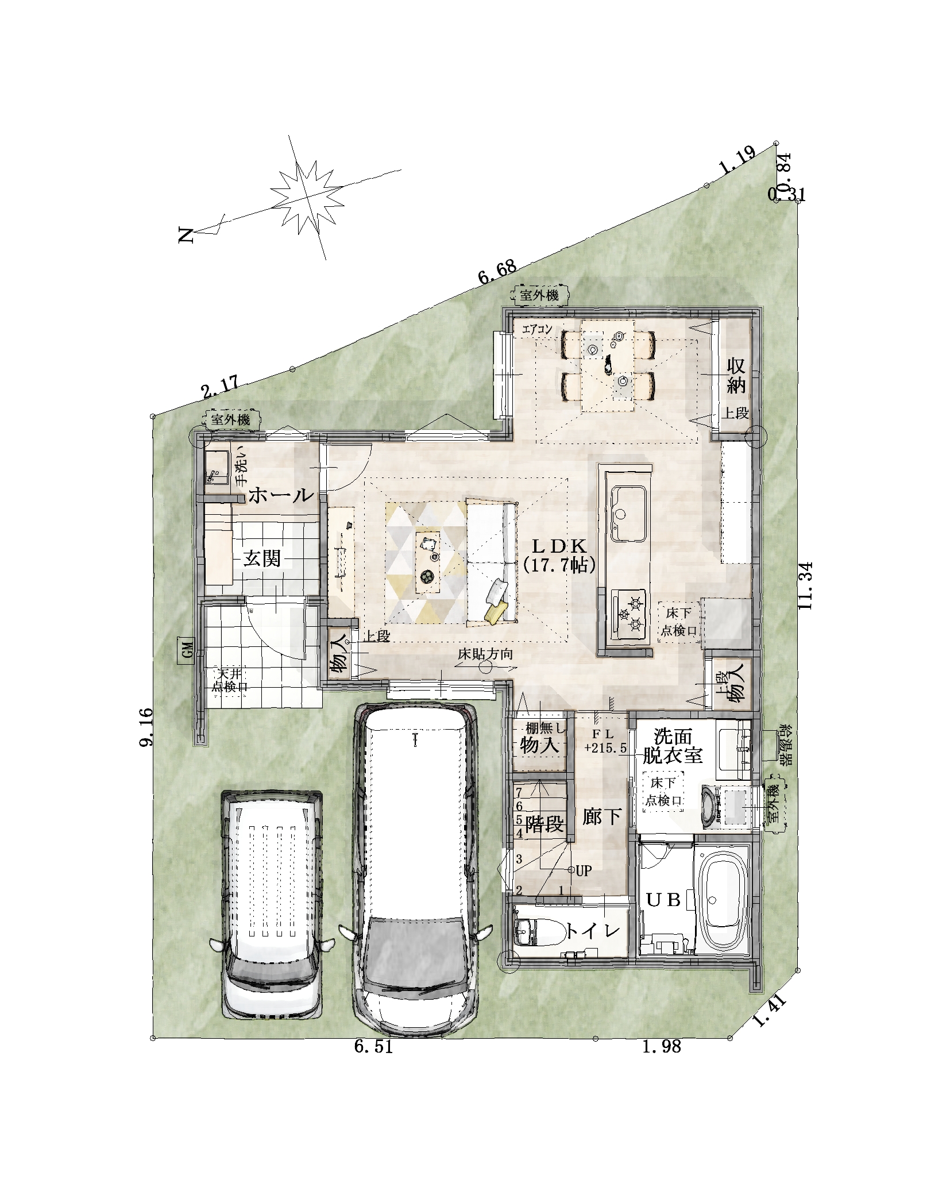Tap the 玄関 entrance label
(x=262, y=558)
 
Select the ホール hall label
(x=281, y=495)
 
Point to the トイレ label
(x=593, y=931)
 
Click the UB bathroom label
(x=664, y=900)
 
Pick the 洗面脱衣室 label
(x=672, y=745)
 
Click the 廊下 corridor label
(x=601, y=816)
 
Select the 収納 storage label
(x=736, y=375)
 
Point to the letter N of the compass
(x=186, y=235)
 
